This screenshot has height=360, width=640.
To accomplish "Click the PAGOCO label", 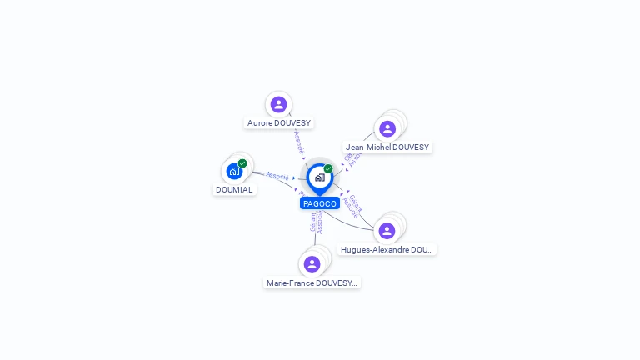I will tap(320, 203).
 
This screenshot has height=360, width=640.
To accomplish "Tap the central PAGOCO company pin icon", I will tap(319, 177).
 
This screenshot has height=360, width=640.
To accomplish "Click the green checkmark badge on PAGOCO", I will tap(328, 169).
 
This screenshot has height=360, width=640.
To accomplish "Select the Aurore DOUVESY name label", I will tap(279, 123).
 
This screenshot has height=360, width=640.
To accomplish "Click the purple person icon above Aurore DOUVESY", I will tap(278, 104).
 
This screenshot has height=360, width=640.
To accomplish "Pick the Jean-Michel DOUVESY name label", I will tap(387, 147).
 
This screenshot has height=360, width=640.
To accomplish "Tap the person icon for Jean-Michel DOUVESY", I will tap(387, 128).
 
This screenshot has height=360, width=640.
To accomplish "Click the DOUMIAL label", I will tap(234, 190).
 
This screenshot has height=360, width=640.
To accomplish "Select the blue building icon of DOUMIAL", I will tap(234, 171).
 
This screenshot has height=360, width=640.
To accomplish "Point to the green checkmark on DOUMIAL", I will tap(242, 163).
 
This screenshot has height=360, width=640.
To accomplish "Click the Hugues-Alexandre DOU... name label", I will tap(387, 249).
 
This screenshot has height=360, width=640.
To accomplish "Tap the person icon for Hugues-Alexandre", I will tap(387, 230).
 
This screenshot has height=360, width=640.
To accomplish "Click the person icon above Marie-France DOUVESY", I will tap(312, 263).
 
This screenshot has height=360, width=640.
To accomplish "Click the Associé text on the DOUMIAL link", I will tap(277, 177).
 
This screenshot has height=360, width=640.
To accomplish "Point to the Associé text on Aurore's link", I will tap(299, 140).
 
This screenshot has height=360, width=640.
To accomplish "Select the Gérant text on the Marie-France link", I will tap(313, 222).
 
